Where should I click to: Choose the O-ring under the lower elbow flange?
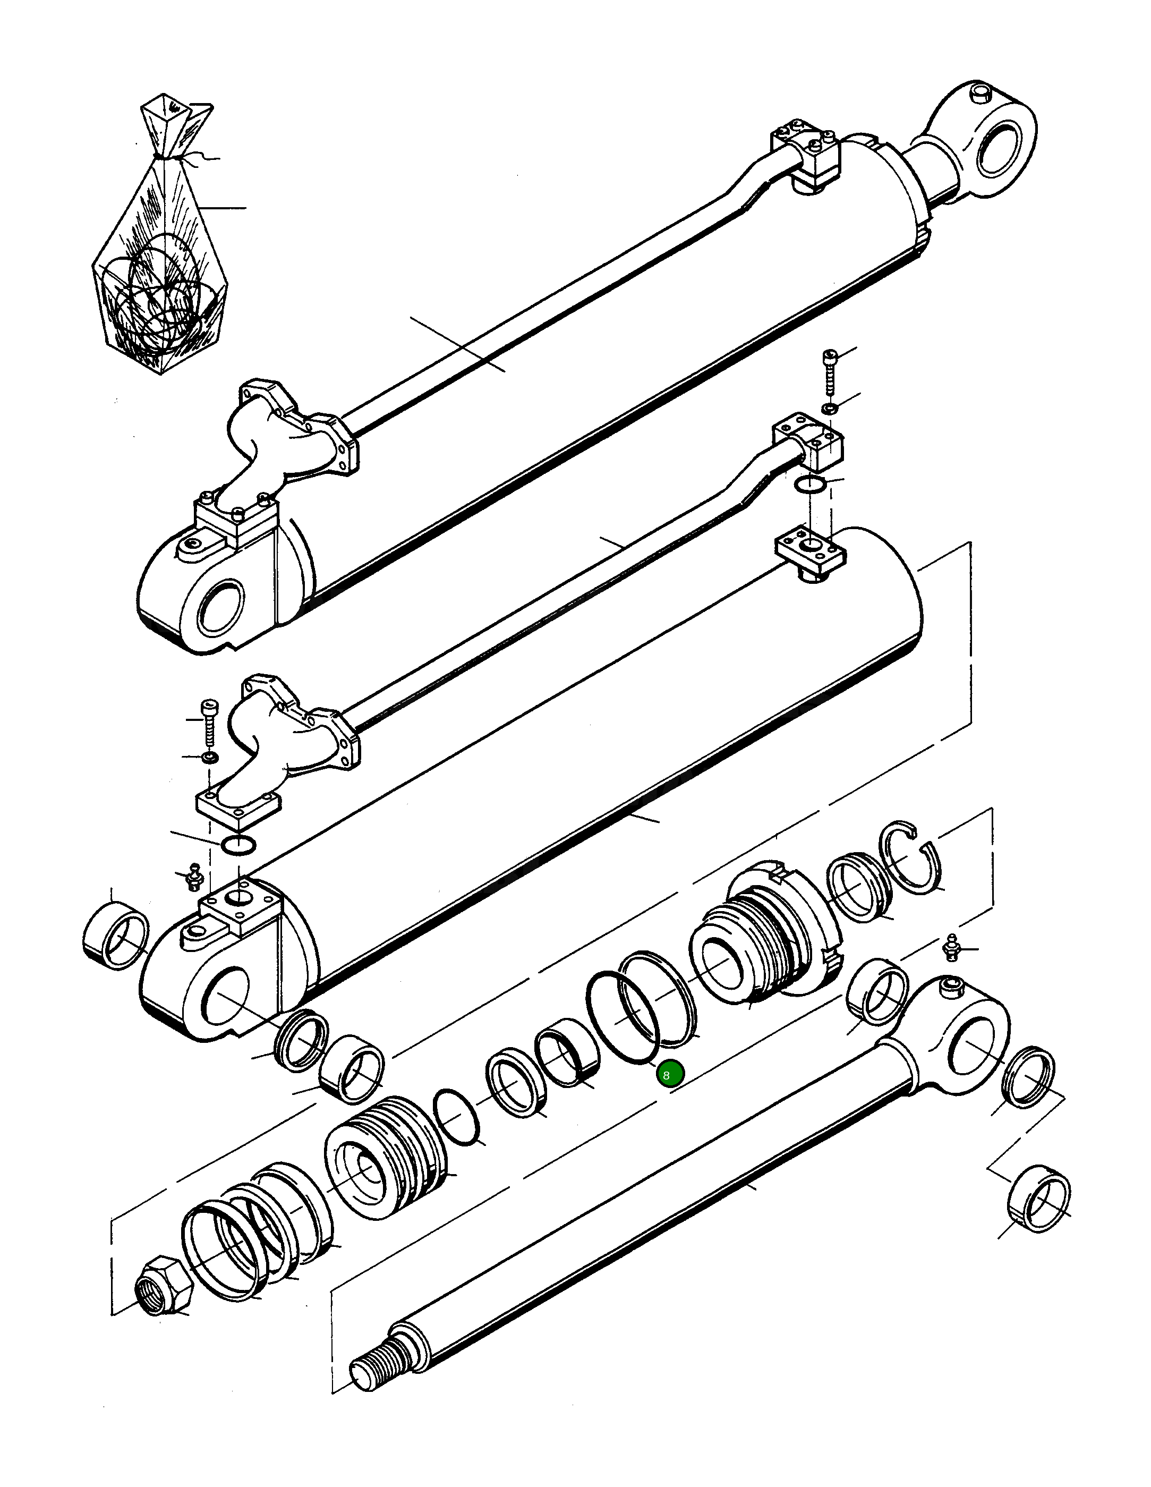[x=238, y=844]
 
